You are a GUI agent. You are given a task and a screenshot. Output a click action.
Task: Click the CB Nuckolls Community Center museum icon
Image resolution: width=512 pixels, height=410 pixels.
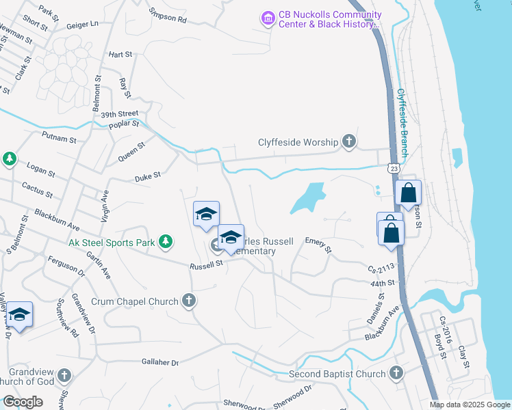(268, 17)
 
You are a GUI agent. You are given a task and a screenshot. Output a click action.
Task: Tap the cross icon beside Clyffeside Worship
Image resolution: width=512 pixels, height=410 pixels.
(348, 142)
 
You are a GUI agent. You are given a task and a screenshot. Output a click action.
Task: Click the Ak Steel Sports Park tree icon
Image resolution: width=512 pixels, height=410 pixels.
(165, 241)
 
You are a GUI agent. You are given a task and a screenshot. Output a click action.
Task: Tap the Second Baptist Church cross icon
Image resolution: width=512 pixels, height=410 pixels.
(396, 373)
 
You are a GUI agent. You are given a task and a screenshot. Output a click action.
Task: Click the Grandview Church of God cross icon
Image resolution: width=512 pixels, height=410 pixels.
(64, 375)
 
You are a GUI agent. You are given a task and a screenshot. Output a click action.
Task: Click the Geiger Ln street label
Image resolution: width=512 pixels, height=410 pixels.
(83, 25)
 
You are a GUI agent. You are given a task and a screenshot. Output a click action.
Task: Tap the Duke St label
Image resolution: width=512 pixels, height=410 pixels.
(147, 176)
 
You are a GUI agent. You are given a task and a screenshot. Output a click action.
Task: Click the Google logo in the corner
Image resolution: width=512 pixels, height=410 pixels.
(23, 402)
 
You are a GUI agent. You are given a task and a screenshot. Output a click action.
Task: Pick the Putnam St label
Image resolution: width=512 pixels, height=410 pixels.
(59, 139)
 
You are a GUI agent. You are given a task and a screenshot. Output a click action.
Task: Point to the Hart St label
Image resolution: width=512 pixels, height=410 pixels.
(120, 54)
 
